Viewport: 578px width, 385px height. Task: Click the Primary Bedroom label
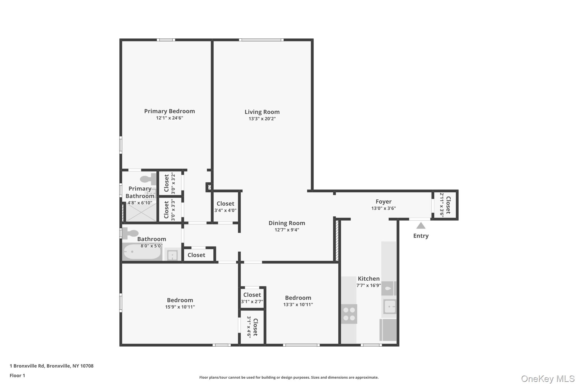[x=169, y=111]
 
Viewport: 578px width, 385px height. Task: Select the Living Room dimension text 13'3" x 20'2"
[x=262, y=119]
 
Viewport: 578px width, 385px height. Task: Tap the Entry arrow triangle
[x=421, y=226]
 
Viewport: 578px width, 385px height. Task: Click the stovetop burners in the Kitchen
[x=349, y=314]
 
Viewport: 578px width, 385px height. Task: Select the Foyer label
[x=383, y=202]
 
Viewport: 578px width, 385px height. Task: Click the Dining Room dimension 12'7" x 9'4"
[x=287, y=230]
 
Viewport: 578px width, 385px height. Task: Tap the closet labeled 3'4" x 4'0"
[x=225, y=207]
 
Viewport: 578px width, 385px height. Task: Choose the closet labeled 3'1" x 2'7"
[x=252, y=298]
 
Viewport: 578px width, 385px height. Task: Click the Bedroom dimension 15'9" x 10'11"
[x=180, y=307]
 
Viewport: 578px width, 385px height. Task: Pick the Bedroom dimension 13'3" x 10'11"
[x=298, y=305]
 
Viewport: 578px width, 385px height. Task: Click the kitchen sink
[x=390, y=306]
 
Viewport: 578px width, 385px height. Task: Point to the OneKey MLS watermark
[x=548, y=379]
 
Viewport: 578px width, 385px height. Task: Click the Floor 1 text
[x=17, y=375]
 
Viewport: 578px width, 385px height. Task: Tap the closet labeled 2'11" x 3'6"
[x=445, y=205]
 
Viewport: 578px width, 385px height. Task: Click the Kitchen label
[x=369, y=279]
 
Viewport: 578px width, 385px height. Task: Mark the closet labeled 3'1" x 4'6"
[x=252, y=327]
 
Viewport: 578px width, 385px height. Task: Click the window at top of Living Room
[x=261, y=40]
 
